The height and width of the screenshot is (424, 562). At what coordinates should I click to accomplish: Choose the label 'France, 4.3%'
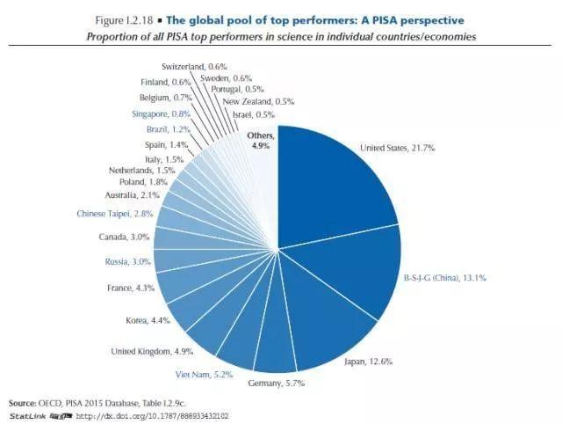133,288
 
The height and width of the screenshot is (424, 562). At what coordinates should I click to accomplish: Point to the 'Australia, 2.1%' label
131,194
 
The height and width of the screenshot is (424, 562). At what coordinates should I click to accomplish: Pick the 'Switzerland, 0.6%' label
193,67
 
